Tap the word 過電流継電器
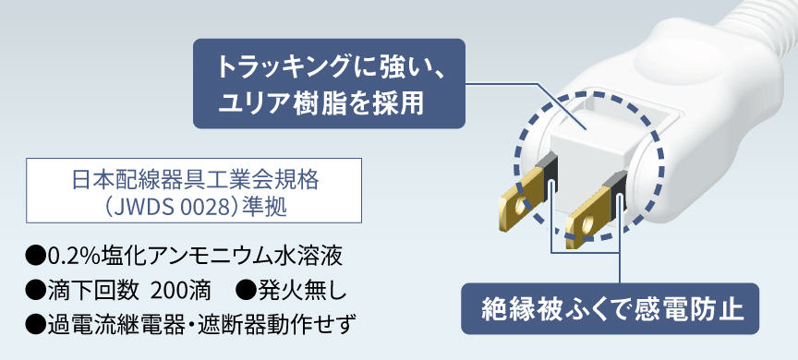click(115, 323)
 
